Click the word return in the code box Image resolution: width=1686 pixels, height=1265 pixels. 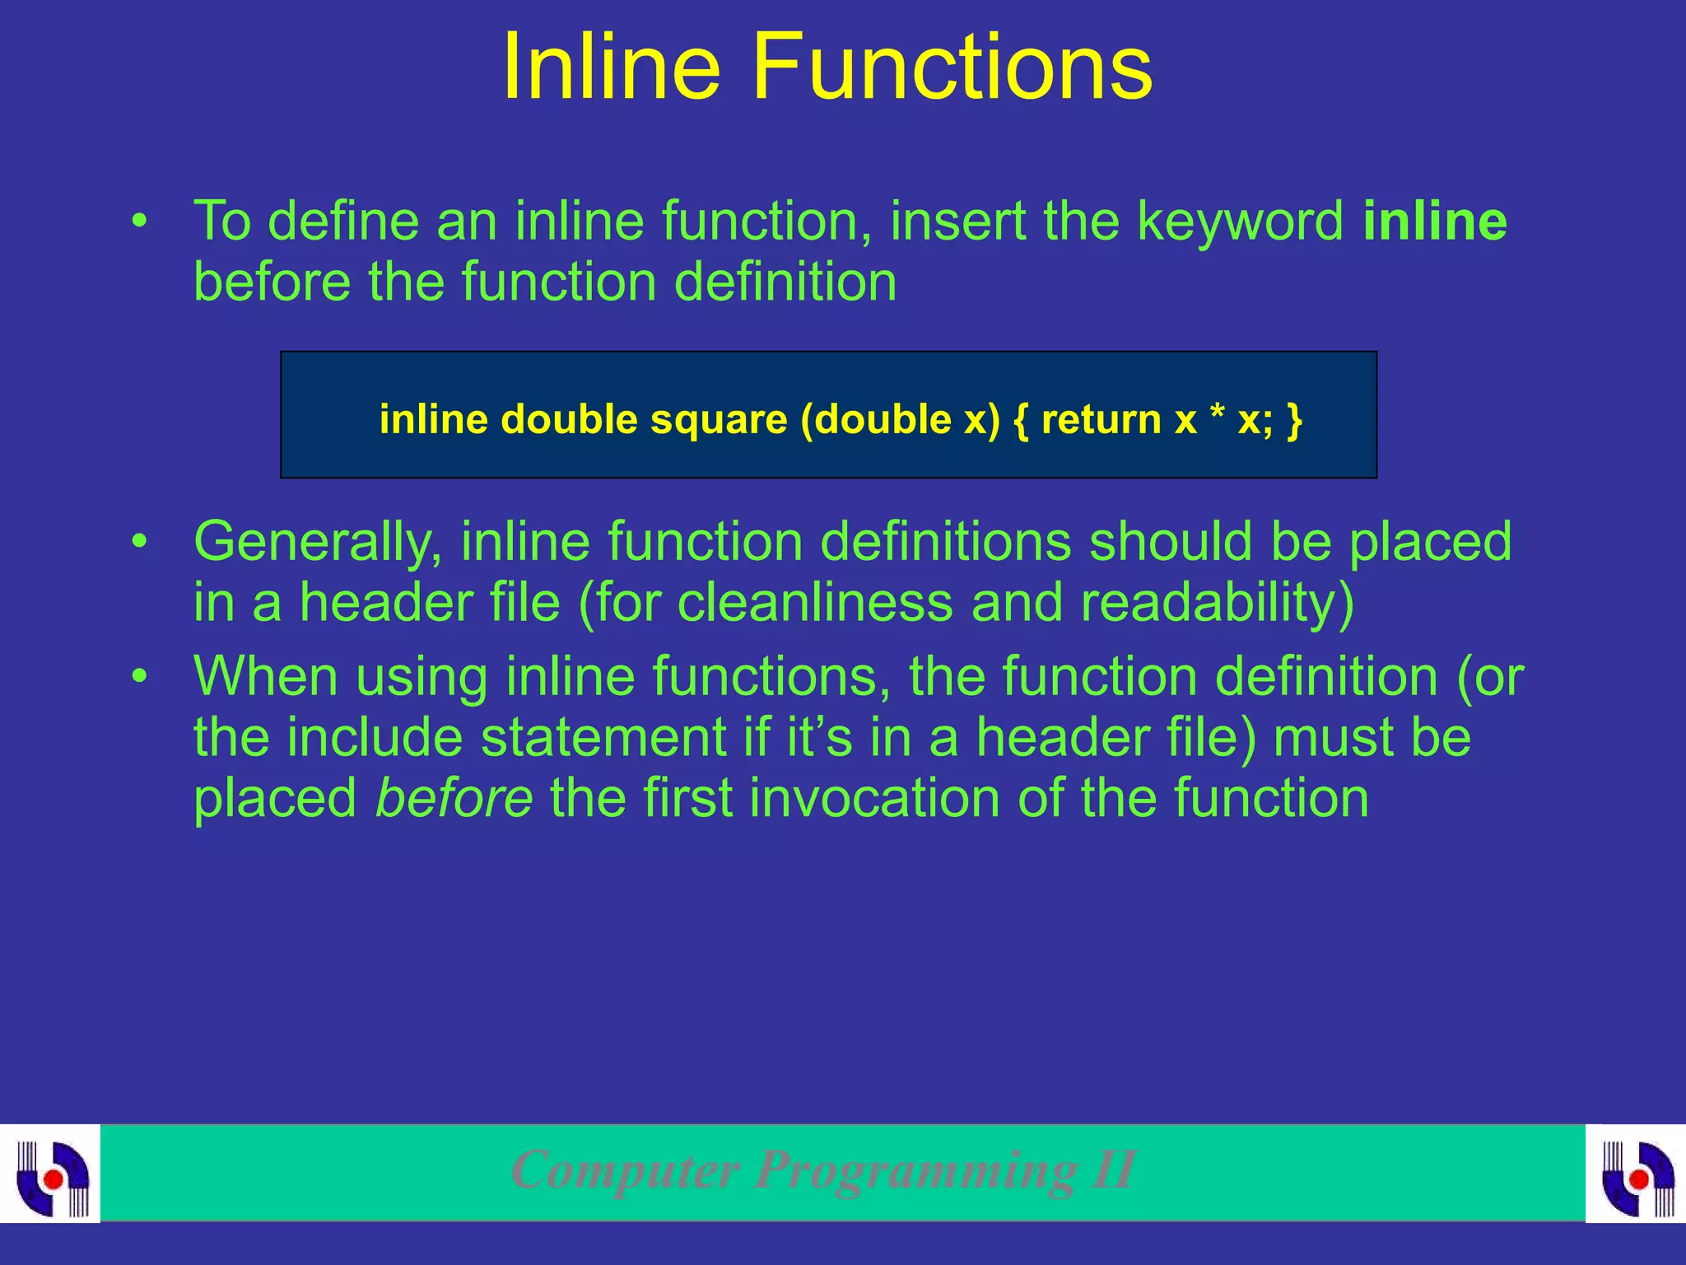pos(1101,419)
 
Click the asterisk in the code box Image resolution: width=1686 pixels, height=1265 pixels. pos(1217,416)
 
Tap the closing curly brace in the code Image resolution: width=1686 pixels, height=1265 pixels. pos(1295,421)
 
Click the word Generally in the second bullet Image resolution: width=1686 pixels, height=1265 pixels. pos(318,544)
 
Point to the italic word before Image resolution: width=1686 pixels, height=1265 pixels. pos(454,798)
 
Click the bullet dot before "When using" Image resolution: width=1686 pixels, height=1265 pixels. pos(141,677)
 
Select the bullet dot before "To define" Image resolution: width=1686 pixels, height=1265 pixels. pos(141,222)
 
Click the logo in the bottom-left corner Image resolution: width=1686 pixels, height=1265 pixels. pos(51,1175)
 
